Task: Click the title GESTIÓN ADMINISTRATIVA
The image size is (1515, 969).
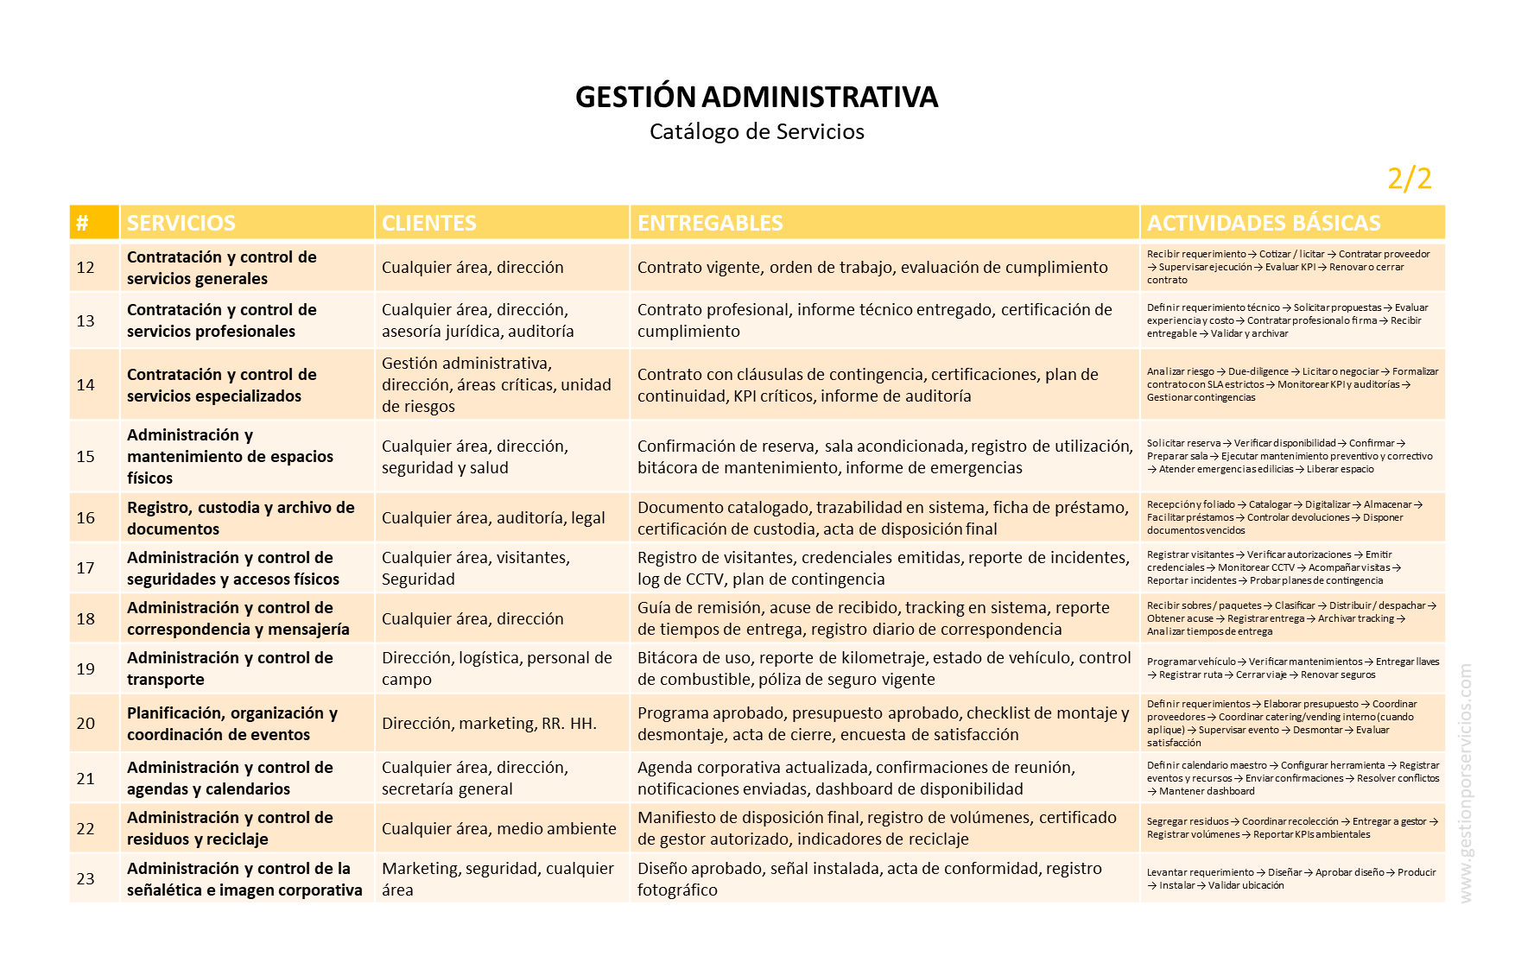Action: [757, 97]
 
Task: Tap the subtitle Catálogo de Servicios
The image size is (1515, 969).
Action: [757, 132]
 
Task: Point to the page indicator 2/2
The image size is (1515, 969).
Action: [1409, 179]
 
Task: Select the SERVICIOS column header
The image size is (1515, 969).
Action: [181, 223]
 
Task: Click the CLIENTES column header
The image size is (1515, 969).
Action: [429, 223]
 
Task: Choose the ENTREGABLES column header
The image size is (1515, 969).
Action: [710, 223]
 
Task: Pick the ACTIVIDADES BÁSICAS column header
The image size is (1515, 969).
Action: [1264, 223]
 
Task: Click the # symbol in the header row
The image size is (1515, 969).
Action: [82, 223]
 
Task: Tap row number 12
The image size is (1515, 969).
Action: [86, 268]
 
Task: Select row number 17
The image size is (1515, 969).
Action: [86, 568]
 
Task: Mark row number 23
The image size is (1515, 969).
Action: [86, 879]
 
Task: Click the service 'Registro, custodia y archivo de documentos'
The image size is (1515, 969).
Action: [240, 518]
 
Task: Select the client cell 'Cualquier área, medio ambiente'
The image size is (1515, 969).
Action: [498, 829]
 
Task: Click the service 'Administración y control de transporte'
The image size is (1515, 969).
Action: [230, 668]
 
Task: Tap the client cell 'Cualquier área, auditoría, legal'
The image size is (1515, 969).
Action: [493, 518]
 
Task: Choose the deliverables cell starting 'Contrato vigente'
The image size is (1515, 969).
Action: [872, 268]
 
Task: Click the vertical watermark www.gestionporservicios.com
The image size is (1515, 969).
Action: [1465, 783]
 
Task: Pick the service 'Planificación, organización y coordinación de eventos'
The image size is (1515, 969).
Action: [231, 724]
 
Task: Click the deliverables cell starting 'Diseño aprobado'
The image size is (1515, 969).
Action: [869, 879]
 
